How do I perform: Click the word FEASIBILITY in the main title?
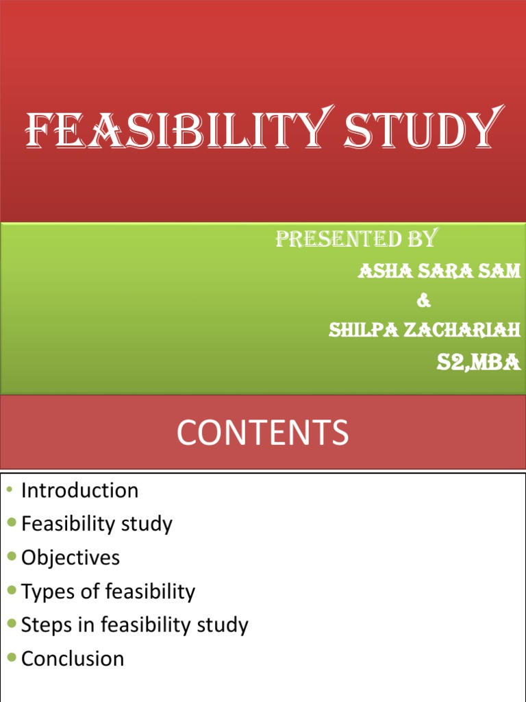tap(171, 130)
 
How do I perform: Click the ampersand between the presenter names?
tap(425, 300)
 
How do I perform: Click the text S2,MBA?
tap(479, 362)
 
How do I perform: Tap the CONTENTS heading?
tap(262, 433)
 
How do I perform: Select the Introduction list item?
tap(79, 490)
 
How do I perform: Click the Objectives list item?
tap(70, 557)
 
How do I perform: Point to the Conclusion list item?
tap(73, 659)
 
